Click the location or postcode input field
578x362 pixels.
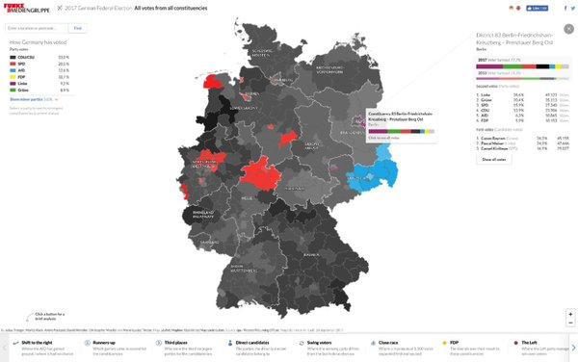click(37, 28)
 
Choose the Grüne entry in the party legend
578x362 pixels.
click(22, 89)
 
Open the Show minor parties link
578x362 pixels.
click(28, 98)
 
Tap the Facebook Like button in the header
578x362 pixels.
click(532, 7)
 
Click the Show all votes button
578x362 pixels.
click(493, 160)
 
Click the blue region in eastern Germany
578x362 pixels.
click(383, 174)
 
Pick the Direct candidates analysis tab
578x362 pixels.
click(256, 343)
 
